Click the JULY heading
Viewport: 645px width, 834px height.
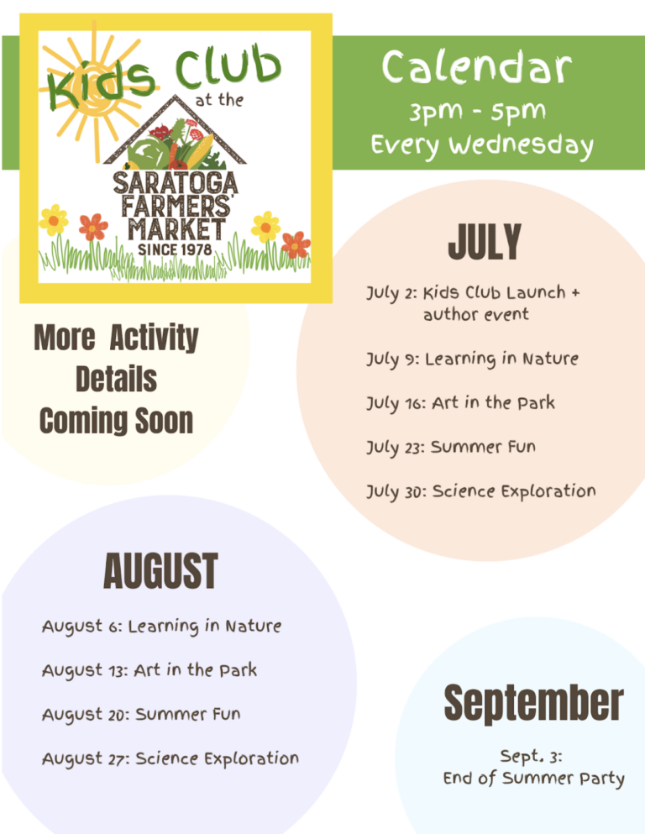pos(485,242)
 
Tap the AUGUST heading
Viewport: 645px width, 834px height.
pos(160,571)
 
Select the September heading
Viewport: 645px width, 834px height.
pos(534,704)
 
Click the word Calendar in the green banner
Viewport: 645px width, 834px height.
pos(476,67)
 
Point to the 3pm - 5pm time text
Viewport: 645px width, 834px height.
pos(477,113)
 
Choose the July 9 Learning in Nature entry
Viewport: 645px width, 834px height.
pos(472,359)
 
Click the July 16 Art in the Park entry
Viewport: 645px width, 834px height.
pos(460,403)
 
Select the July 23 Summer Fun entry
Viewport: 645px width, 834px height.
pos(451,448)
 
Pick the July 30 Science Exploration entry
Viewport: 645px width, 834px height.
pos(480,492)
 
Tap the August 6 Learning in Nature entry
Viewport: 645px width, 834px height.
pos(161,627)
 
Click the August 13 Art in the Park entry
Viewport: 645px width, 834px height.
pos(149,671)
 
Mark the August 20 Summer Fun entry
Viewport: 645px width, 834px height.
pos(141,715)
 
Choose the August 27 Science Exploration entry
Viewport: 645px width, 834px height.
pos(170,759)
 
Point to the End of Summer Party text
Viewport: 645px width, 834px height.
pos(534,779)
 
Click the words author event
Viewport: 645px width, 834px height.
pos(476,314)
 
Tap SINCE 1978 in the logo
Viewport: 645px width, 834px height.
pos(175,249)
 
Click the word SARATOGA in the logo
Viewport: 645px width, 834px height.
pos(176,183)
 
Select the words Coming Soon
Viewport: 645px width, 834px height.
pos(116,421)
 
